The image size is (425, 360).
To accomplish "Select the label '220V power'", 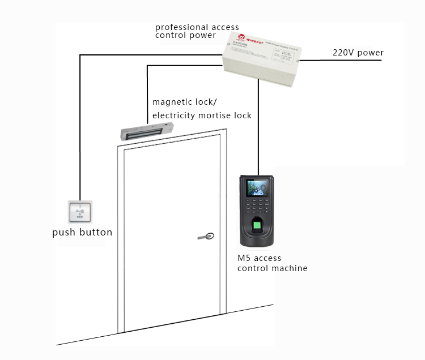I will [x=358, y=53].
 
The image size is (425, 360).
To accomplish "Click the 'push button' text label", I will [x=82, y=233].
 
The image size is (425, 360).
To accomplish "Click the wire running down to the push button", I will [x=80, y=130].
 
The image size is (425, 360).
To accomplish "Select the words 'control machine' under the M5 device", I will [x=272, y=268].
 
